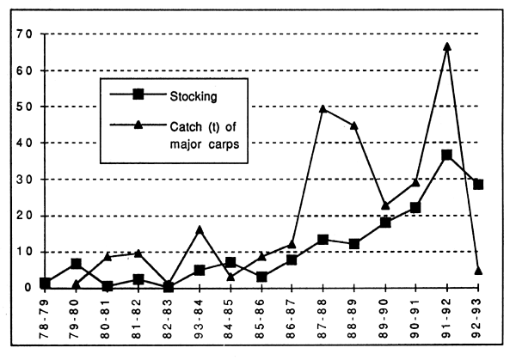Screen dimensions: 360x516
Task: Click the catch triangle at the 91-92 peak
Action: tap(447, 46)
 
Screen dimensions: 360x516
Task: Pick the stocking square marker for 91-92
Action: tap(447, 156)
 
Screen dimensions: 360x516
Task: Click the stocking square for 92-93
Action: tap(478, 185)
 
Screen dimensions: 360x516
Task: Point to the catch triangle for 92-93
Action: tap(478, 271)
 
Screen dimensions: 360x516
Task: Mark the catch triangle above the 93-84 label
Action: tap(200, 229)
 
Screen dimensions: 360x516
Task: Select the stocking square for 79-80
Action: tap(76, 264)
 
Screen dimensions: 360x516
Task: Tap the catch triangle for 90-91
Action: tap(417, 182)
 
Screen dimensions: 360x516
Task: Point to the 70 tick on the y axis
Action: tap(21, 34)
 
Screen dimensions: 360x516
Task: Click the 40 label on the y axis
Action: tap(21, 143)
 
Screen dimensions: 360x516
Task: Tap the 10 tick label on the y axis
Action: tap(21, 252)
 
